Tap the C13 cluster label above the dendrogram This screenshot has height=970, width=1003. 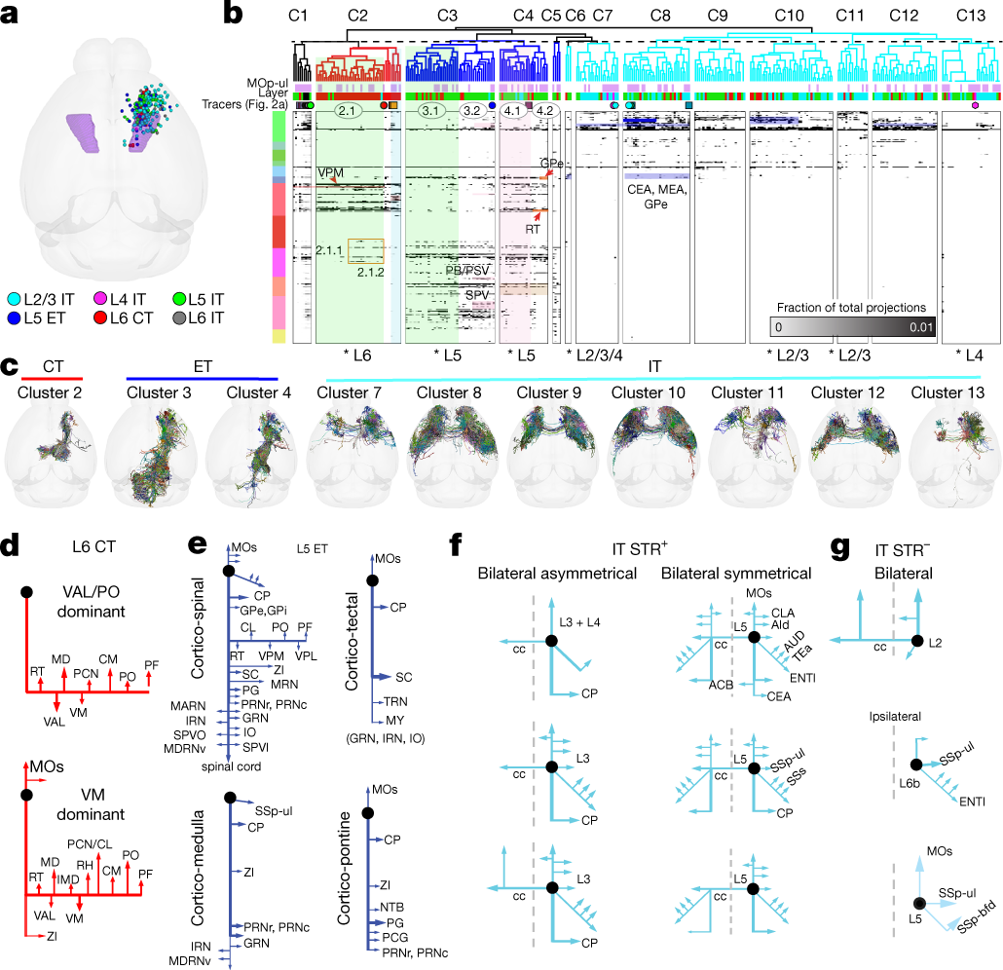tap(966, 16)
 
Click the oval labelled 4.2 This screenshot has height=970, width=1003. tap(544, 111)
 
